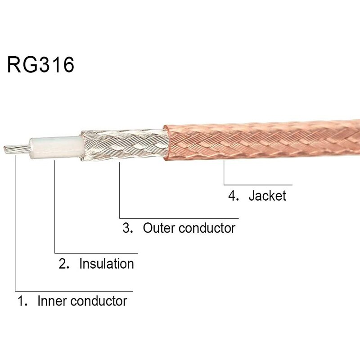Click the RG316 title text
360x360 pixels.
click(40, 65)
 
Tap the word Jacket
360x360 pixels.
click(267, 196)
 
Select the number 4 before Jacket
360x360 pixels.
click(233, 196)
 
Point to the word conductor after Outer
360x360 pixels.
click(207, 228)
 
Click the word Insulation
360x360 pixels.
click(107, 264)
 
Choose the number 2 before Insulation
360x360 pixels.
click(63, 264)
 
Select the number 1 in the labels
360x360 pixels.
click(21, 300)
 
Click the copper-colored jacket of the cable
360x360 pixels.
click(261, 139)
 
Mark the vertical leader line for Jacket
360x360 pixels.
click(224, 173)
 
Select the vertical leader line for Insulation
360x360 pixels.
click(54, 207)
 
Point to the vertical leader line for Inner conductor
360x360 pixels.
click(15, 225)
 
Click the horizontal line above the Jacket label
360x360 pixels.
click(259, 185)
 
